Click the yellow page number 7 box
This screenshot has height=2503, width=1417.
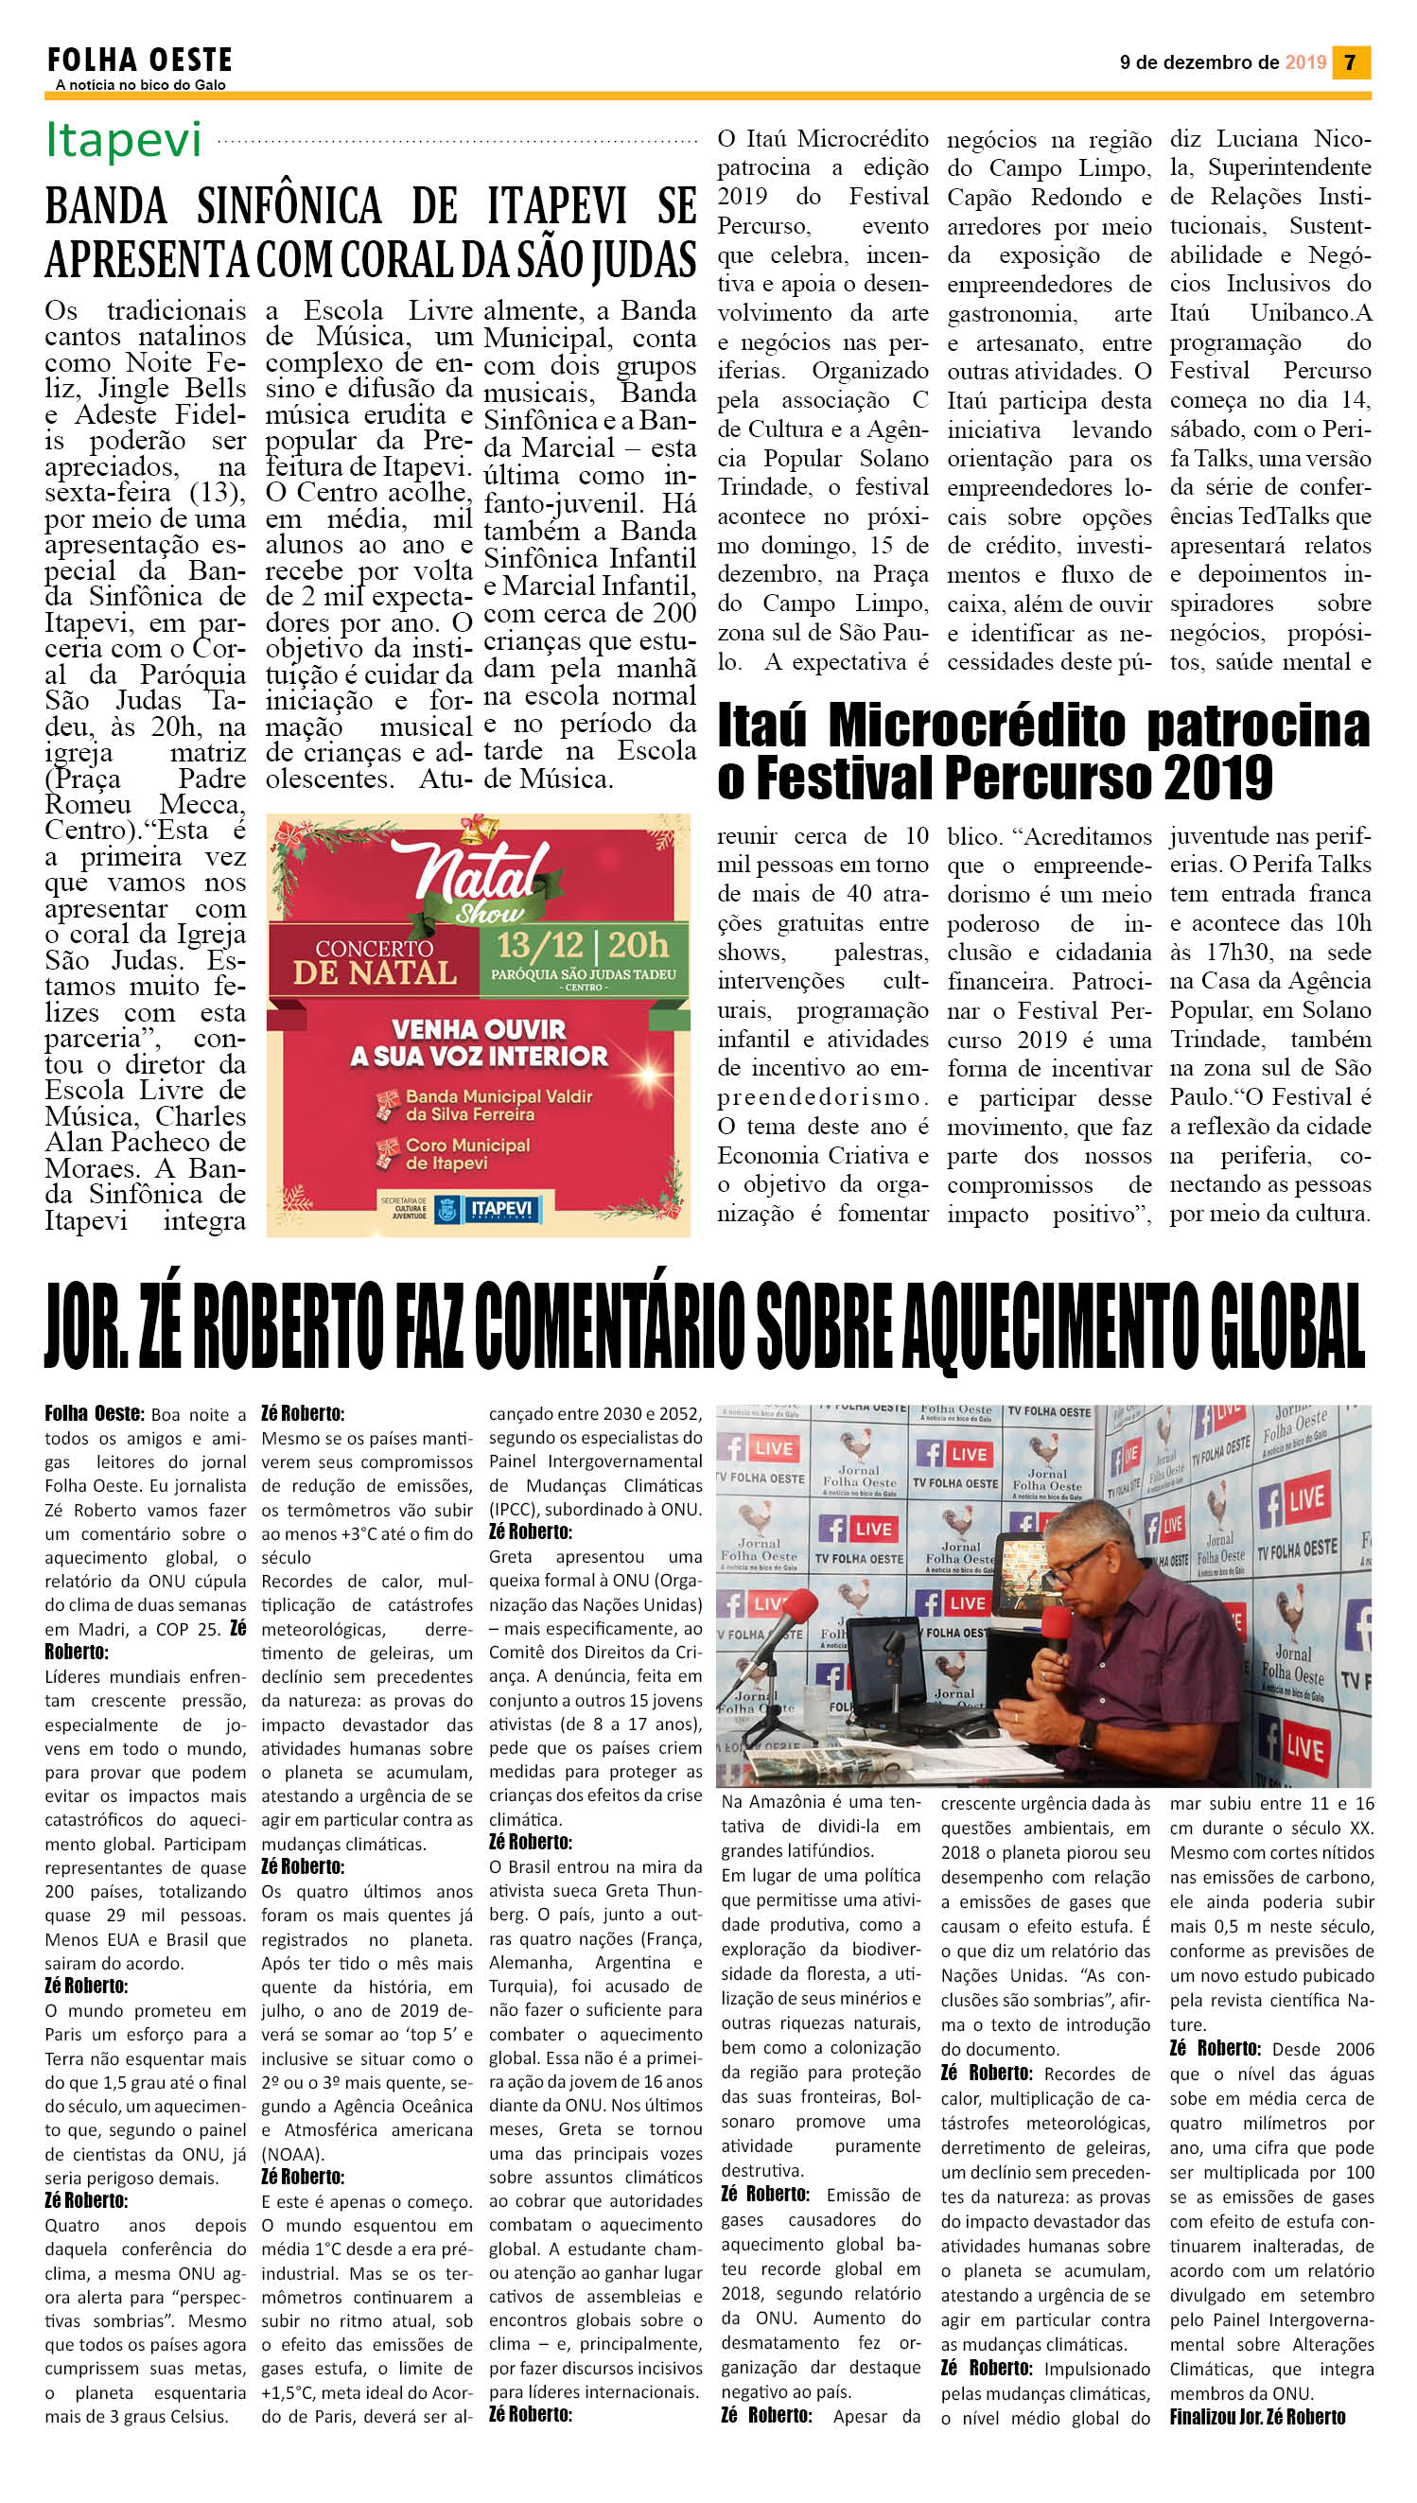(1350, 62)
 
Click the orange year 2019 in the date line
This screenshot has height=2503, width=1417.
(1305, 62)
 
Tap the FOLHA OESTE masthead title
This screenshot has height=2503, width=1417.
(139, 61)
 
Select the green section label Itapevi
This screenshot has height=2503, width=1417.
(124, 140)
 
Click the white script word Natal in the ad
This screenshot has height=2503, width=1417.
(477, 869)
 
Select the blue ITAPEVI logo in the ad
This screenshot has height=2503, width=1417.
(501, 1209)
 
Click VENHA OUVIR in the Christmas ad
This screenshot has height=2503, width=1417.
(478, 1028)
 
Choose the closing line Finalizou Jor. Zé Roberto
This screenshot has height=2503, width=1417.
(1256, 2416)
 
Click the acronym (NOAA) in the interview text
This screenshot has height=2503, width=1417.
(293, 2154)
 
